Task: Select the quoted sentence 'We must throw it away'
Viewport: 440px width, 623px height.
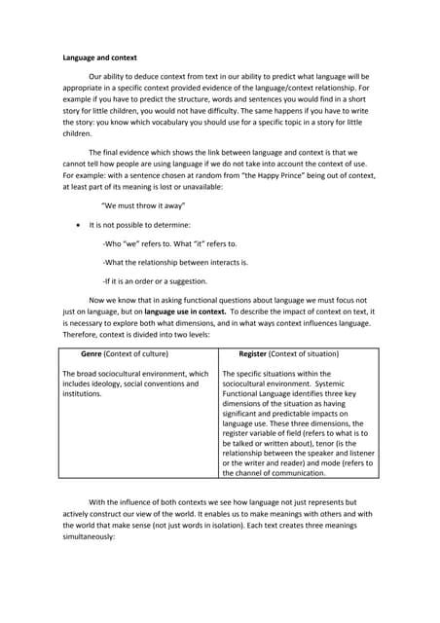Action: (x=143, y=206)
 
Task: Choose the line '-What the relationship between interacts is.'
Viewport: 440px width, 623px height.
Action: (x=174, y=262)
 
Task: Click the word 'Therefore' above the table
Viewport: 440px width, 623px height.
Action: (x=82, y=334)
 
